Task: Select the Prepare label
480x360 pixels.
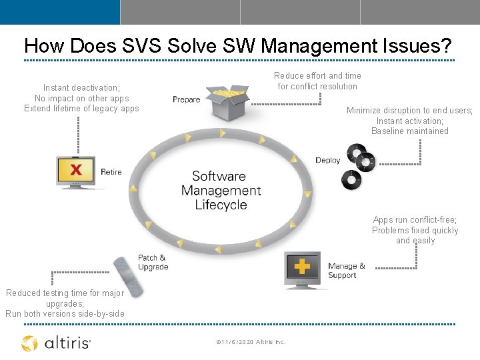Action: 187,99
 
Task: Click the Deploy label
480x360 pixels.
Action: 327,160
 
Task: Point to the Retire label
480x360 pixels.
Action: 111,172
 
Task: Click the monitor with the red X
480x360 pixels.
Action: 76,171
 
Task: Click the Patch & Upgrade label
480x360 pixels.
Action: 153,262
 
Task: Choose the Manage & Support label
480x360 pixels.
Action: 346,271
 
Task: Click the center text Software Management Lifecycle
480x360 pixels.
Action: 221,191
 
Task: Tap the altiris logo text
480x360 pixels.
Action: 67,343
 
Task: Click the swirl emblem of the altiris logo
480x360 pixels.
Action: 29,343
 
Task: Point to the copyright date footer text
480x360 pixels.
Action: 251,342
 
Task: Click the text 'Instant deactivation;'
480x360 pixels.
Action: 81,87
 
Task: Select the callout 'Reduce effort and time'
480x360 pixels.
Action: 317,76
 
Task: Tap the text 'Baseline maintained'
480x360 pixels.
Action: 410,131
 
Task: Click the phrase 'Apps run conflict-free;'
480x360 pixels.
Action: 415,220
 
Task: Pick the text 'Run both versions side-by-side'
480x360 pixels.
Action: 65,314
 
